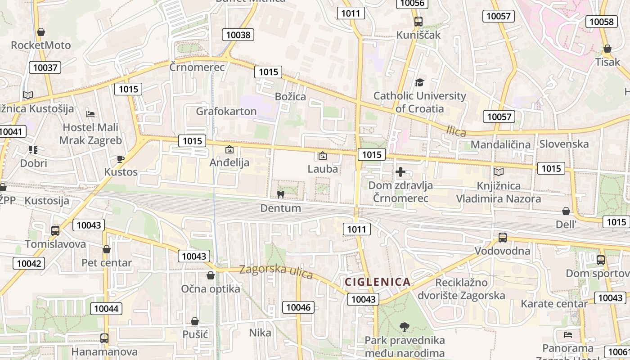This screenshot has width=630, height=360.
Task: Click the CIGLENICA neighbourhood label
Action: tap(378, 282)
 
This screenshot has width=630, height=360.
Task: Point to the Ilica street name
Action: tap(456, 131)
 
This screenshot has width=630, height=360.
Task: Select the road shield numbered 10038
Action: tap(238, 35)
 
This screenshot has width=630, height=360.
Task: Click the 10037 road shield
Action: tap(45, 67)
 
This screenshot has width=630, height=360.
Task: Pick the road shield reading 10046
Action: tap(298, 307)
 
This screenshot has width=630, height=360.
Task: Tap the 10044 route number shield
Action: tap(106, 308)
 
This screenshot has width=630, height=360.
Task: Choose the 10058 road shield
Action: tap(601, 22)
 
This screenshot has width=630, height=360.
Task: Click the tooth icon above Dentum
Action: tap(280, 195)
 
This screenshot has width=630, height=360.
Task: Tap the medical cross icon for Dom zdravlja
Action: tap(400, 172)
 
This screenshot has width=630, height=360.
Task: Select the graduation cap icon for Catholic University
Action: tap(419, 82)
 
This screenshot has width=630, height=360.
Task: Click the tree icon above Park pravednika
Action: tap(405, 327)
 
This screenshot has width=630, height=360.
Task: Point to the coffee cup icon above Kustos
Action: tap(120, 158)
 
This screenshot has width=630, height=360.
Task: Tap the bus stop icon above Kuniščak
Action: tap(418, 21)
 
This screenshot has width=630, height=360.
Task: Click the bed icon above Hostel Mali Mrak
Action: tap(90, 114)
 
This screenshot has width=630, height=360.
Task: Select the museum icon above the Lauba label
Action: tap(322, 156)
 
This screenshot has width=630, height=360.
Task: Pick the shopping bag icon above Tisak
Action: tap(607, 49)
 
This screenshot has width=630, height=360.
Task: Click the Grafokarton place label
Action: tap(226, 111)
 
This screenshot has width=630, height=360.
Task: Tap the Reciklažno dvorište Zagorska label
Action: tap(461, 289)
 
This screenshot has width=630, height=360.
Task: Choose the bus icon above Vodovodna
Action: tap(502, 238)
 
